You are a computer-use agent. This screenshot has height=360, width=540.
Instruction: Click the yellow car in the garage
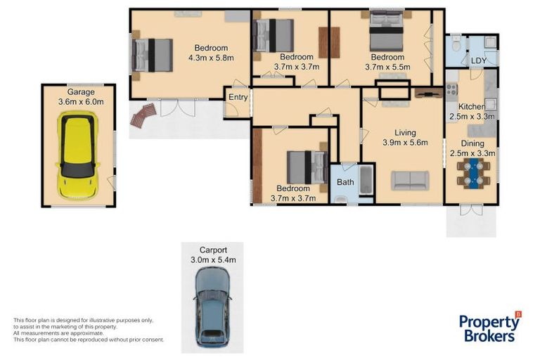77,156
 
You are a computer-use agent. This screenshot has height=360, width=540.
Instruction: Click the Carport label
212,250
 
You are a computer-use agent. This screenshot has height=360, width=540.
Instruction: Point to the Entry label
238,98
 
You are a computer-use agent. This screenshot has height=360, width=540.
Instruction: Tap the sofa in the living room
411,180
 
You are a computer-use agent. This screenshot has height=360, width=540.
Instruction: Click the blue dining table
474,172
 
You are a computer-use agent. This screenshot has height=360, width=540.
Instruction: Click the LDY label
479,61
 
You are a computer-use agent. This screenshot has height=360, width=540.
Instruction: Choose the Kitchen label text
471,106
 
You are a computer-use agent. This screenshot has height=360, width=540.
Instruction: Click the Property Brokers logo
490,327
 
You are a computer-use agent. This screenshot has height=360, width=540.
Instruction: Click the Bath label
345,182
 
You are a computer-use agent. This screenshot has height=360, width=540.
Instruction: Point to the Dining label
472,143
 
